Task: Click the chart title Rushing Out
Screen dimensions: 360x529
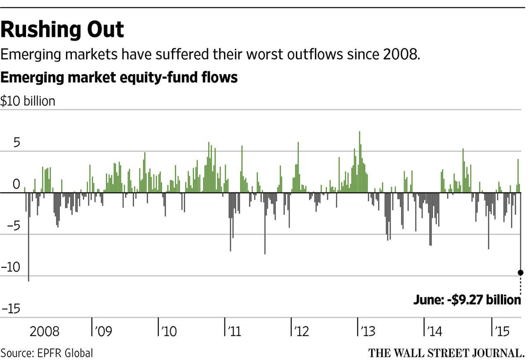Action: pos(62,30)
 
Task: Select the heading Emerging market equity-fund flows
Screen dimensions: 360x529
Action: pos(119,78)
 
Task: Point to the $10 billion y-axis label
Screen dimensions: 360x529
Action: pos(28,101)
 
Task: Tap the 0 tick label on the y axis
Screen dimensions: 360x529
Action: pos(16,184)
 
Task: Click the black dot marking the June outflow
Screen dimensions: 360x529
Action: pos(521,273)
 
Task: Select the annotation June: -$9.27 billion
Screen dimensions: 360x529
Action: pos(467,300)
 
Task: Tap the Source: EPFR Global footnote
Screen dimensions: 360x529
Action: pos(47,353)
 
